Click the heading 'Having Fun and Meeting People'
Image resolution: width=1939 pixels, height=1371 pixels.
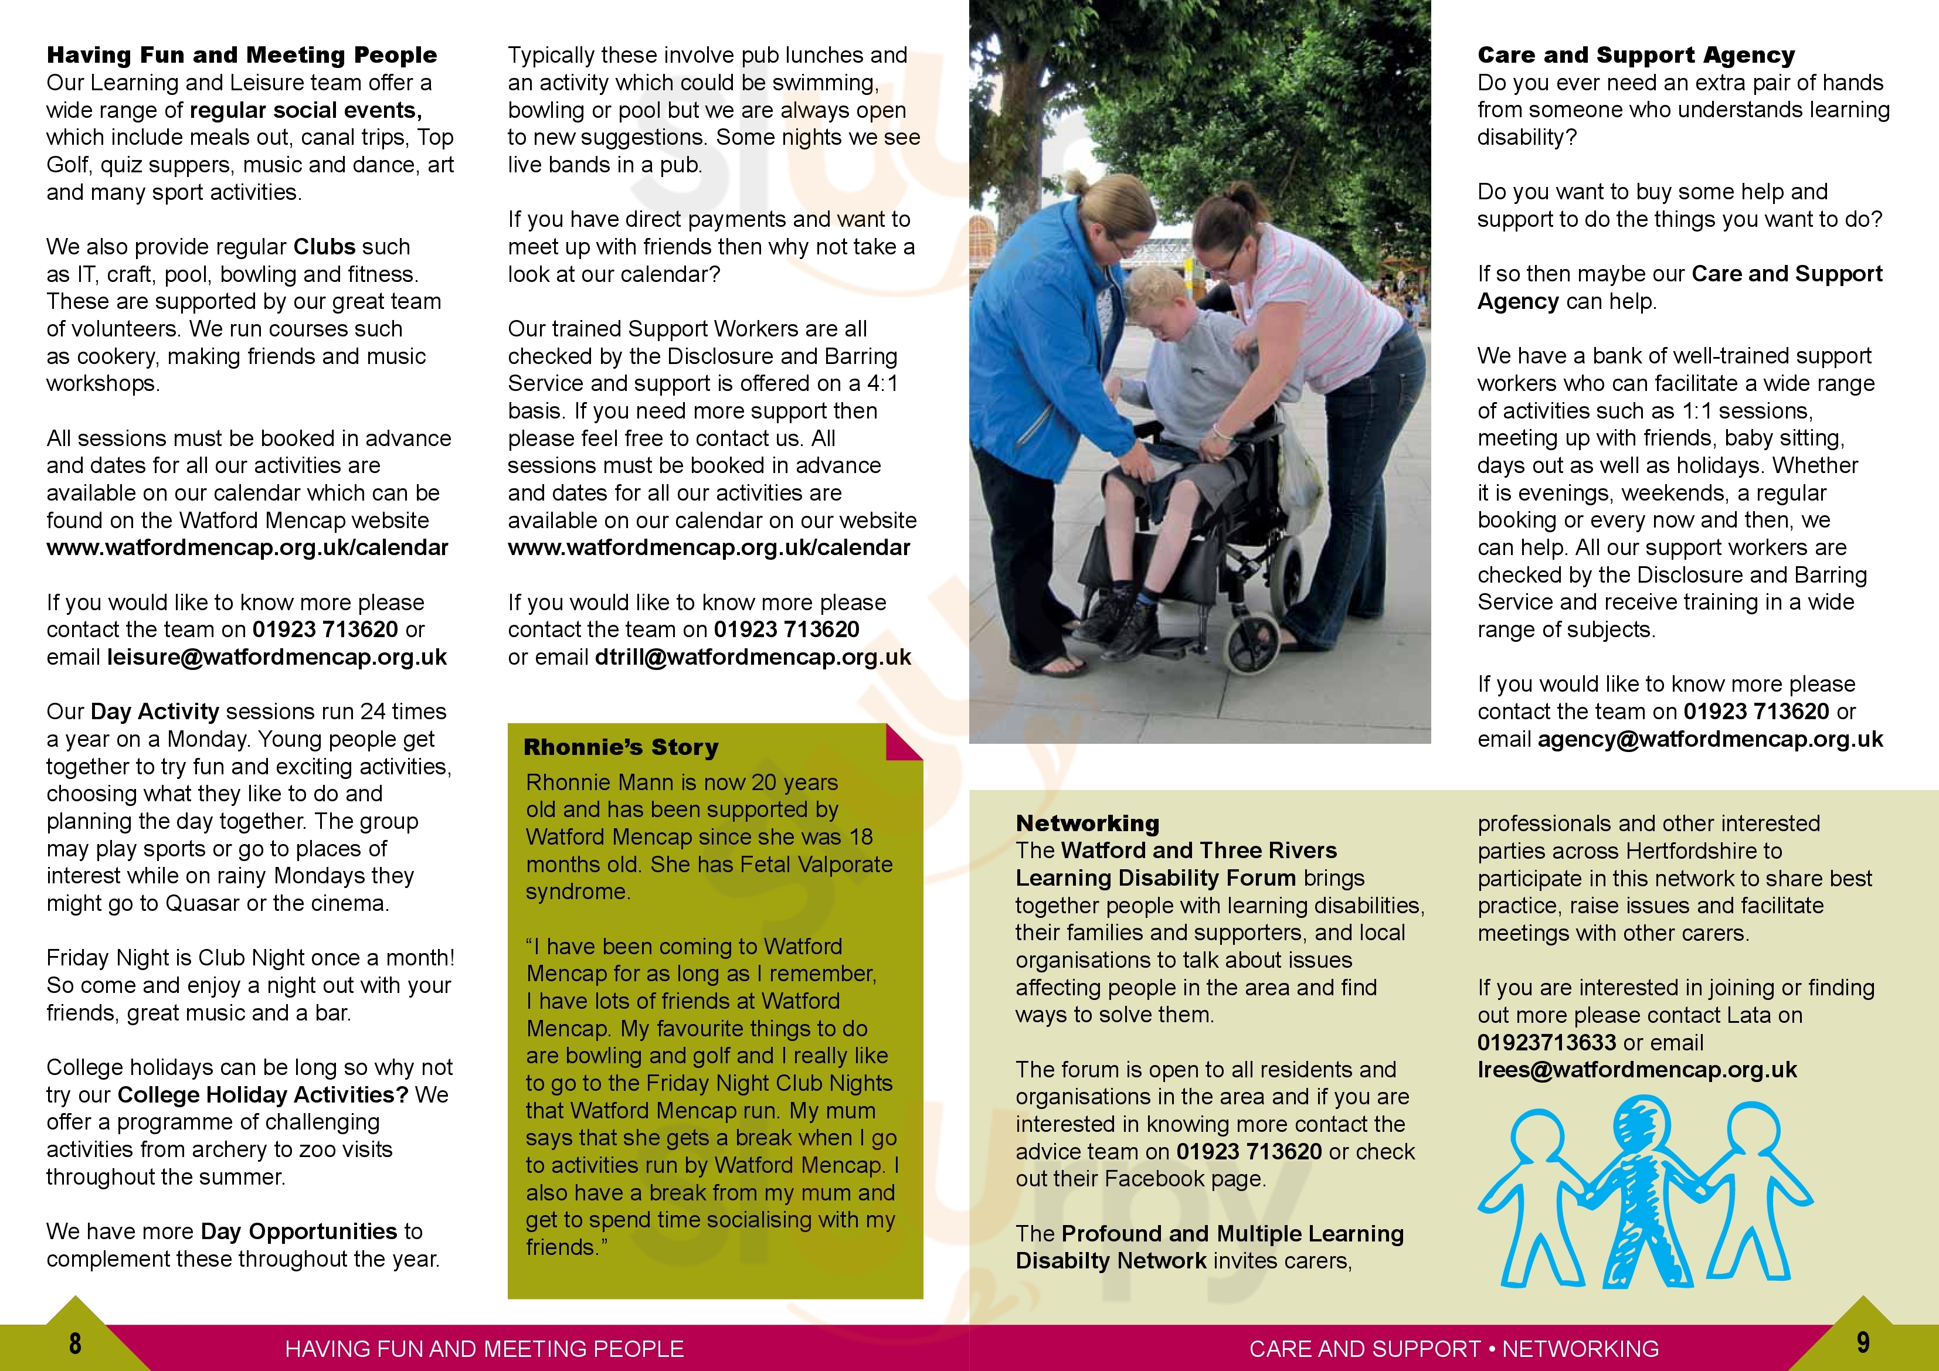[242, 56]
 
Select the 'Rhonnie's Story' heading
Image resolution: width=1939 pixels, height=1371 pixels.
[621, 747]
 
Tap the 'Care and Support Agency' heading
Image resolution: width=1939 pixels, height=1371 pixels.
[1636, 56]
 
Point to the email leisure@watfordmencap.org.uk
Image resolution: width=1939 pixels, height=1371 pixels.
[276, 658]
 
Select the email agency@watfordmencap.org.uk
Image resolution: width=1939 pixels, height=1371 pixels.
[1710, 740]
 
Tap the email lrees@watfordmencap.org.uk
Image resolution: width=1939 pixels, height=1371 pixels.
[1636, 1070]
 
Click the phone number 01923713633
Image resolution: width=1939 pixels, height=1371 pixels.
[1546, 1043]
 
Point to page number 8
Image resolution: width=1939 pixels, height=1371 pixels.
[75, 1343]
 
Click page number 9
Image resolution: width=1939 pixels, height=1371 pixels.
[1862, 1342]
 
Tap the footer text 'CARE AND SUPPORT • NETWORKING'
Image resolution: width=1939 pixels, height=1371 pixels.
[1454, 1349]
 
